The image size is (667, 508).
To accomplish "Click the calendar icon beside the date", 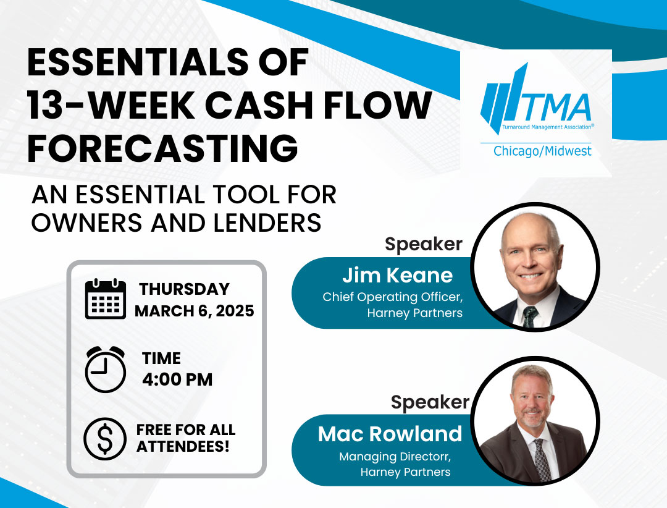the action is coord(106,298).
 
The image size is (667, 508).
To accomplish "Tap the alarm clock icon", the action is coord(106,369).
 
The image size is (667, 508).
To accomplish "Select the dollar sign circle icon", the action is coord(105,439).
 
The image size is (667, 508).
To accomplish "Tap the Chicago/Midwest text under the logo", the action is coord(542,151).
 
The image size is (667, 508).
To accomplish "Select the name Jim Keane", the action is coord(397,275).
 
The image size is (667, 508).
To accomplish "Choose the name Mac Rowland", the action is coord(390,434).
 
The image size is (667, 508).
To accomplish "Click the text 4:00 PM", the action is coord(177,379).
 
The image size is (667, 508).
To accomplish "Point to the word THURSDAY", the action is coord(184,289).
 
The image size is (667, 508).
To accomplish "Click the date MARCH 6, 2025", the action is coord(195,311).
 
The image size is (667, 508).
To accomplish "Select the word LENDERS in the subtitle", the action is coord(267,222).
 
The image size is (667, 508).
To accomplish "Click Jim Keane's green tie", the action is coord(530,317).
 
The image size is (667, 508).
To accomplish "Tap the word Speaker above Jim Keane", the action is coord(424,244).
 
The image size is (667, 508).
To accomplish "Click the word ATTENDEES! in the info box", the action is coord(183,447).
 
